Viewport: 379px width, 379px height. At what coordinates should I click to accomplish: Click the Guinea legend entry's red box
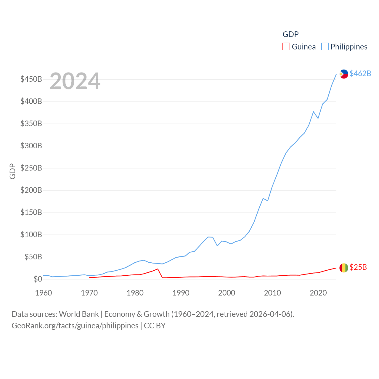tap(286, 47)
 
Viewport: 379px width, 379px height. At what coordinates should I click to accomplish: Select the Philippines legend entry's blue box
tap(325, 47)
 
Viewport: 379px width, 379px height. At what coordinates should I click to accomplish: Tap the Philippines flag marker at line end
tap(344, 74)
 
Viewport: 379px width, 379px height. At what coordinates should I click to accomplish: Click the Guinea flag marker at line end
tap(344, 268)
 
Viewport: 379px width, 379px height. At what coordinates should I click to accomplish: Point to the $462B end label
tap(360, 73)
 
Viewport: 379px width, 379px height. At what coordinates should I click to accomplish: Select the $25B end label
tap(358, 267)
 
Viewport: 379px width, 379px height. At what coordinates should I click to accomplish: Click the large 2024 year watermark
tap(75, 81)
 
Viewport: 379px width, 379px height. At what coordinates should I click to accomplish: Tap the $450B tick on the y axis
tap(31, 79)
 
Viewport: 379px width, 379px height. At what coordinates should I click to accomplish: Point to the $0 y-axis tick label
tap(38, 279)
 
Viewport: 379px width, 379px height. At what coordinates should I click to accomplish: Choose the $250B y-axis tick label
tap(31, 168)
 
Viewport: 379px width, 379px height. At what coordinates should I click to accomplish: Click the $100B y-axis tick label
tap(31, 235)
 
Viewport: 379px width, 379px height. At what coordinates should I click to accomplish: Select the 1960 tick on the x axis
tap(44, 293)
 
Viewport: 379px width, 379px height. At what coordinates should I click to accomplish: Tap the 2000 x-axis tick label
tap(227, 293)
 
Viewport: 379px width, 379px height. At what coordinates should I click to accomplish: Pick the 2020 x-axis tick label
tap(318, 293)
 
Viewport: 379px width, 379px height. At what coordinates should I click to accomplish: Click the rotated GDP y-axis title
tap(12, 171)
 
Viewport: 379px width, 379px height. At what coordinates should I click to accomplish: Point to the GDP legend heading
tap(290, 34)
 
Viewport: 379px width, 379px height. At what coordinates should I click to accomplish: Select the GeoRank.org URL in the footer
tap(75, 326)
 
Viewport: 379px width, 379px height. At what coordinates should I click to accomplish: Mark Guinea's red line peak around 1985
tap(158, 269)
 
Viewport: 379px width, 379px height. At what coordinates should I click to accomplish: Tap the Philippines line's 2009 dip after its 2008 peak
tap(268, 201)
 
